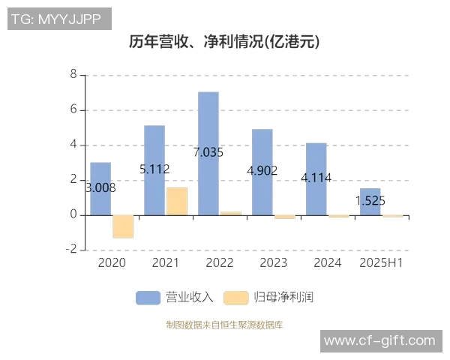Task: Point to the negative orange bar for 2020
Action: [x=123, y=226]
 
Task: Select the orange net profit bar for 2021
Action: [x=177, y=201]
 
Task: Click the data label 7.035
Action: [x=208, y=152]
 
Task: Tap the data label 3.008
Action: [x=100, y=188]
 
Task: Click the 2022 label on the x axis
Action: [x=220, y=263]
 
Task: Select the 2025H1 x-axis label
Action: [x=382, y=263]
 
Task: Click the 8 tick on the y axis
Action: [x=73, y=75]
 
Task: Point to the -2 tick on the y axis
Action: [x=72, y=250]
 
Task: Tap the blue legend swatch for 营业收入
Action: [x=148, y=298]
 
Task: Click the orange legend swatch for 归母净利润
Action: [x=236, y=298]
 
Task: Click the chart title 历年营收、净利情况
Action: [x=224, y=42]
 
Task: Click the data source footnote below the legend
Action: [x=224, y=325]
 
